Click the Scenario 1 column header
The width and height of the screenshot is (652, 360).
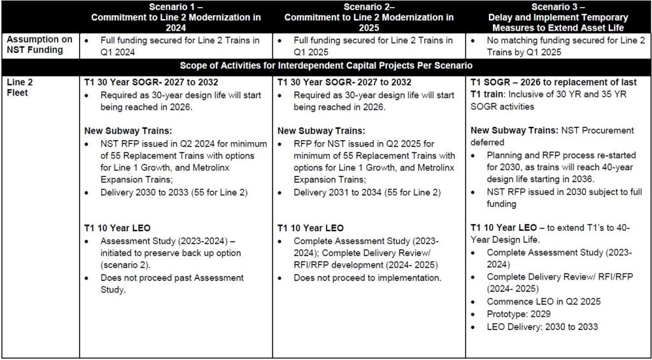(x=176, y=17)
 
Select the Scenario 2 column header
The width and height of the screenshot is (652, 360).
(x=369, y=17)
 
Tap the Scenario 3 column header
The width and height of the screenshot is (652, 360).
(x=558, y=17)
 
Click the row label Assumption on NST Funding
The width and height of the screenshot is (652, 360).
(x=40, y=45)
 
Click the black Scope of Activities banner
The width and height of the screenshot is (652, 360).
(x=325, y=66)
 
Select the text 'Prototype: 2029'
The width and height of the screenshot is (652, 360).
(x=518, y=314)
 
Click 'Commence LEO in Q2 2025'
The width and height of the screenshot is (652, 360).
(x=543, y=301)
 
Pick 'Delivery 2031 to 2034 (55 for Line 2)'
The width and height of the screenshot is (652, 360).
(x=367, y=192)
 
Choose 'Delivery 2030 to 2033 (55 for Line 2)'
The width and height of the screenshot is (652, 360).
(x=174, y=192)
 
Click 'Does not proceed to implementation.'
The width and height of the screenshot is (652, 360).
(x=367, y=278)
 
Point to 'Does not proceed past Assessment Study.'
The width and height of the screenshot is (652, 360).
(x=172, y=284)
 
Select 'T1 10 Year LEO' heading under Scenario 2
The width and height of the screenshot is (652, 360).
(x=310, y=228)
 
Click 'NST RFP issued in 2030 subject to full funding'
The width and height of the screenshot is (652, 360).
(x=559, y=198)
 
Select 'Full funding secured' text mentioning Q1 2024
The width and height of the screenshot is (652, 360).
(x=180, y=46)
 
